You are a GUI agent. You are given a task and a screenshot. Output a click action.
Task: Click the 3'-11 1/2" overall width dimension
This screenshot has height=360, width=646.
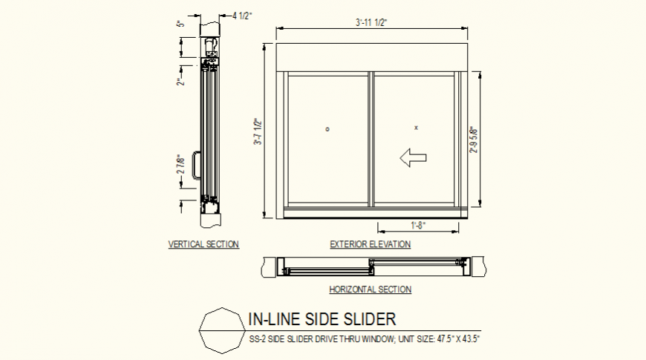tap(371, 23)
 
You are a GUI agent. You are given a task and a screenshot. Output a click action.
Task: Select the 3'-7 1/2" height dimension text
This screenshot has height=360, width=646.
tap(257, 132)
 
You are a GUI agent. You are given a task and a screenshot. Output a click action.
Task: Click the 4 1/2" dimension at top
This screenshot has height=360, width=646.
tap(243, 15)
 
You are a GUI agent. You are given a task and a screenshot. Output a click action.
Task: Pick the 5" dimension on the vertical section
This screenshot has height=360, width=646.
tap(180, 23)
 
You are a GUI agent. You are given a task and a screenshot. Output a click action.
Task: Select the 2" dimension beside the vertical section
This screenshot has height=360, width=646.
tap(180, 82)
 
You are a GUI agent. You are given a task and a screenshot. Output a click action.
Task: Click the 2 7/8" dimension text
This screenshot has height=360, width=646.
tap(180, 165)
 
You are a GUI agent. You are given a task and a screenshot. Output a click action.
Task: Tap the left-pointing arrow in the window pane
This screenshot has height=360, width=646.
tap(412, 157)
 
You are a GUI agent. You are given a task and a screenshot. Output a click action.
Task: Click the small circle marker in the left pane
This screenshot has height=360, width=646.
tap(327, 129)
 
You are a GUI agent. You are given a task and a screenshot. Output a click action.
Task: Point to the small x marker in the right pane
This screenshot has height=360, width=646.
tap(416, 128)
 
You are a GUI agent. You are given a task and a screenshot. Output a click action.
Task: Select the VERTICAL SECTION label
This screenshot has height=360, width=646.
tap(203, 244)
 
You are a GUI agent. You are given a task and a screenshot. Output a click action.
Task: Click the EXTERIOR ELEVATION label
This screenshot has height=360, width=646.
tap(370, 244)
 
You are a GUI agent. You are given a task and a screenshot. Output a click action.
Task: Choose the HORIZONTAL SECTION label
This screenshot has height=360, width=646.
tap(370, 289)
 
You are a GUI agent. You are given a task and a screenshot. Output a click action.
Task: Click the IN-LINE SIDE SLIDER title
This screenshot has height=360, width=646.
tap(322, 320)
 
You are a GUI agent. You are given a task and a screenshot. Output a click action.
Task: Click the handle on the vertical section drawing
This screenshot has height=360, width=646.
tap(195, 165)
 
